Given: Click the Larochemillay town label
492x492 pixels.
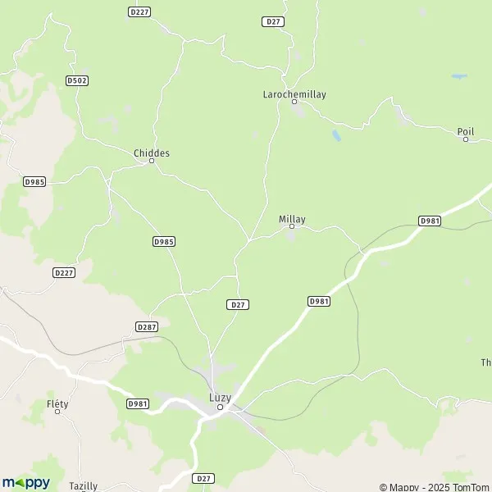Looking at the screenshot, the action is coord(294,94).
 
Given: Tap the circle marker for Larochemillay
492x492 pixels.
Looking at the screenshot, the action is coord(294,103).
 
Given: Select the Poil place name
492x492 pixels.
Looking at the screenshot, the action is coord(466,130).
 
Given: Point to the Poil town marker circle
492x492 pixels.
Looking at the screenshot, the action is coord(466,139).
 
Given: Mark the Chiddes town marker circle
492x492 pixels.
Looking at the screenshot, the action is coord(152,161).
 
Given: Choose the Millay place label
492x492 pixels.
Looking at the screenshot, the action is coord(292,219).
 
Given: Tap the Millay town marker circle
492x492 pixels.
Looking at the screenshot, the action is coord(292,226).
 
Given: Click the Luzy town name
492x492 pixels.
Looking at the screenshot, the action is coord(220,397).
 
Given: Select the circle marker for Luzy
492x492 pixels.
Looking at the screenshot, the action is coord(220,406).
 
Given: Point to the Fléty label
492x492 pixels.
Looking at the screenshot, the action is coord(57,403).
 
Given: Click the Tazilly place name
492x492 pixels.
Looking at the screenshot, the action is coord(83,485).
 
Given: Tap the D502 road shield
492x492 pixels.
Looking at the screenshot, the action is coord(77,80).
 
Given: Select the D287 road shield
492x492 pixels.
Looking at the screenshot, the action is coord(147,326).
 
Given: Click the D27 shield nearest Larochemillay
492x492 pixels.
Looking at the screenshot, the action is coord(273,21).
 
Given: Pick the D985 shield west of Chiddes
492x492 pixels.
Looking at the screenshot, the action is coord(34,181).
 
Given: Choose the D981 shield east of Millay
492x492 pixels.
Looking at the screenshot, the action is coord(430,221).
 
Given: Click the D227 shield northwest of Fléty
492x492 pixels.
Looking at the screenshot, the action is coord(64,272).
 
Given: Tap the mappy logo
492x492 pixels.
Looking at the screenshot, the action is coord(25,482).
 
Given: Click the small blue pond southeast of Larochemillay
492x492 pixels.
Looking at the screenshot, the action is coord(336,135).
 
